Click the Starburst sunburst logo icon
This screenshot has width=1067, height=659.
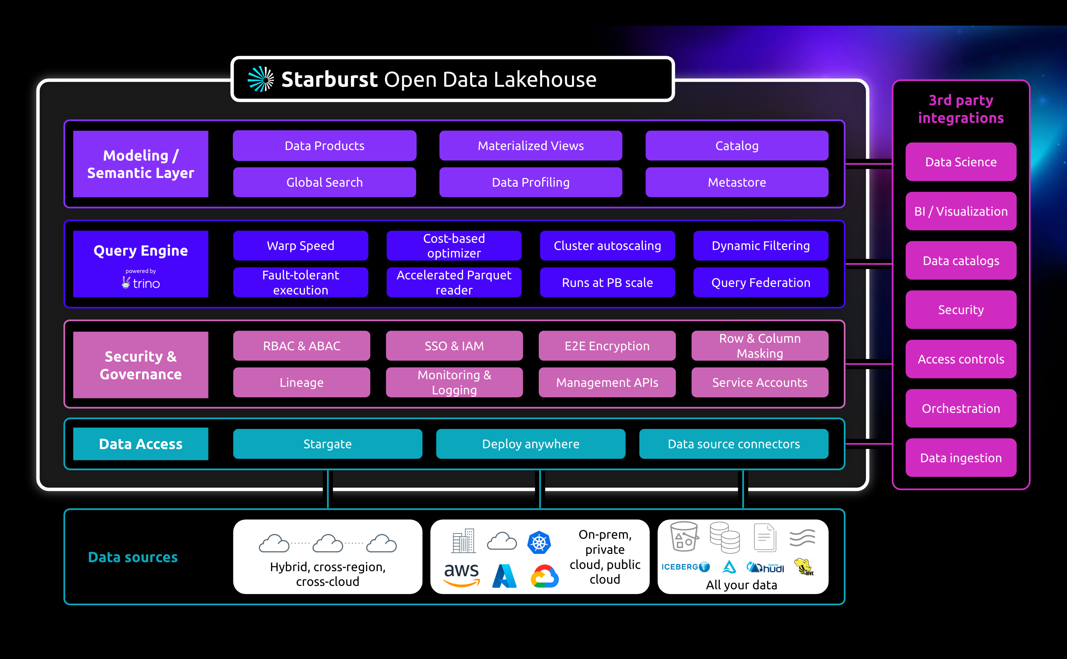click(261, 79)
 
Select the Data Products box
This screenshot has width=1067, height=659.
click(324, 146)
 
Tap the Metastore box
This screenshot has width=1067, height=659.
click(737, 182)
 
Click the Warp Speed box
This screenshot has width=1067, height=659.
click(300, 246)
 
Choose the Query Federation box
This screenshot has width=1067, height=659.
click(760, 282)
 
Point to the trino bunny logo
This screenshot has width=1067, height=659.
click(126, 283)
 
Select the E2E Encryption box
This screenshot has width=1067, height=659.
click(607, 346)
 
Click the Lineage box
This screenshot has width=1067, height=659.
click(301, 382)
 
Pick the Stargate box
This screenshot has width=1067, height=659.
click(327, 444)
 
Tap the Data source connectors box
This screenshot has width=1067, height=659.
click(734, 444)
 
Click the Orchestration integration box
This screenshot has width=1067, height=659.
click(961, 408)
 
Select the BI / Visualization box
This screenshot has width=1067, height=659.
click(961, 211)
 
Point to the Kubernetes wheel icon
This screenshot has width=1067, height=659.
click(539, 543)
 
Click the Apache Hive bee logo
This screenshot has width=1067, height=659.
click(803, 567)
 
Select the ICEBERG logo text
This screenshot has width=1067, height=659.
click(680, 567)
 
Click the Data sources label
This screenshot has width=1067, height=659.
click(133, 557)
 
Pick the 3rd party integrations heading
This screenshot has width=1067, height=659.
click(961, 109)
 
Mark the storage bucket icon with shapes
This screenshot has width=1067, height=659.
click(684, 537)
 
